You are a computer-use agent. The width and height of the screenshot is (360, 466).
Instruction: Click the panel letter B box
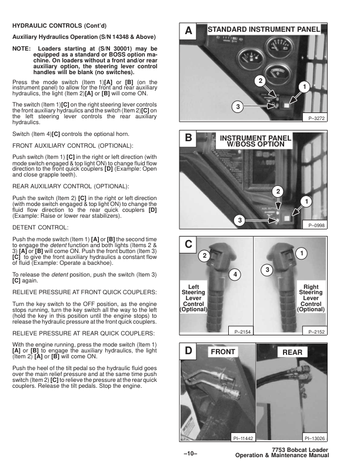click(x=188, y=139)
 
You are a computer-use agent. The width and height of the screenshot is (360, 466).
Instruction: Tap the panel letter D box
click(x=188, y=352)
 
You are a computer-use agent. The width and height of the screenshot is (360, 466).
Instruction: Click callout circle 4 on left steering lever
click(x=235, y=275)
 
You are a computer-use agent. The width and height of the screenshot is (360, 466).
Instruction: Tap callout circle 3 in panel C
click(x=266, y=269)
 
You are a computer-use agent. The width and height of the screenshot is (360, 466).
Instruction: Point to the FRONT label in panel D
click(x=222, y=352)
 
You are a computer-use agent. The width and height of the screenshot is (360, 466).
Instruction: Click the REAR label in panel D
click(x=292, y=352)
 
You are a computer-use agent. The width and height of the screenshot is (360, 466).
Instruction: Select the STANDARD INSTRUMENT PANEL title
click(x=264, y=29)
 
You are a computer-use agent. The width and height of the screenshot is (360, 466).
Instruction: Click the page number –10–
click(x=192, y=453)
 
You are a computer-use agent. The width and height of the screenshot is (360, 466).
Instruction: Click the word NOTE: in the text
click(x=22, y=48)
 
